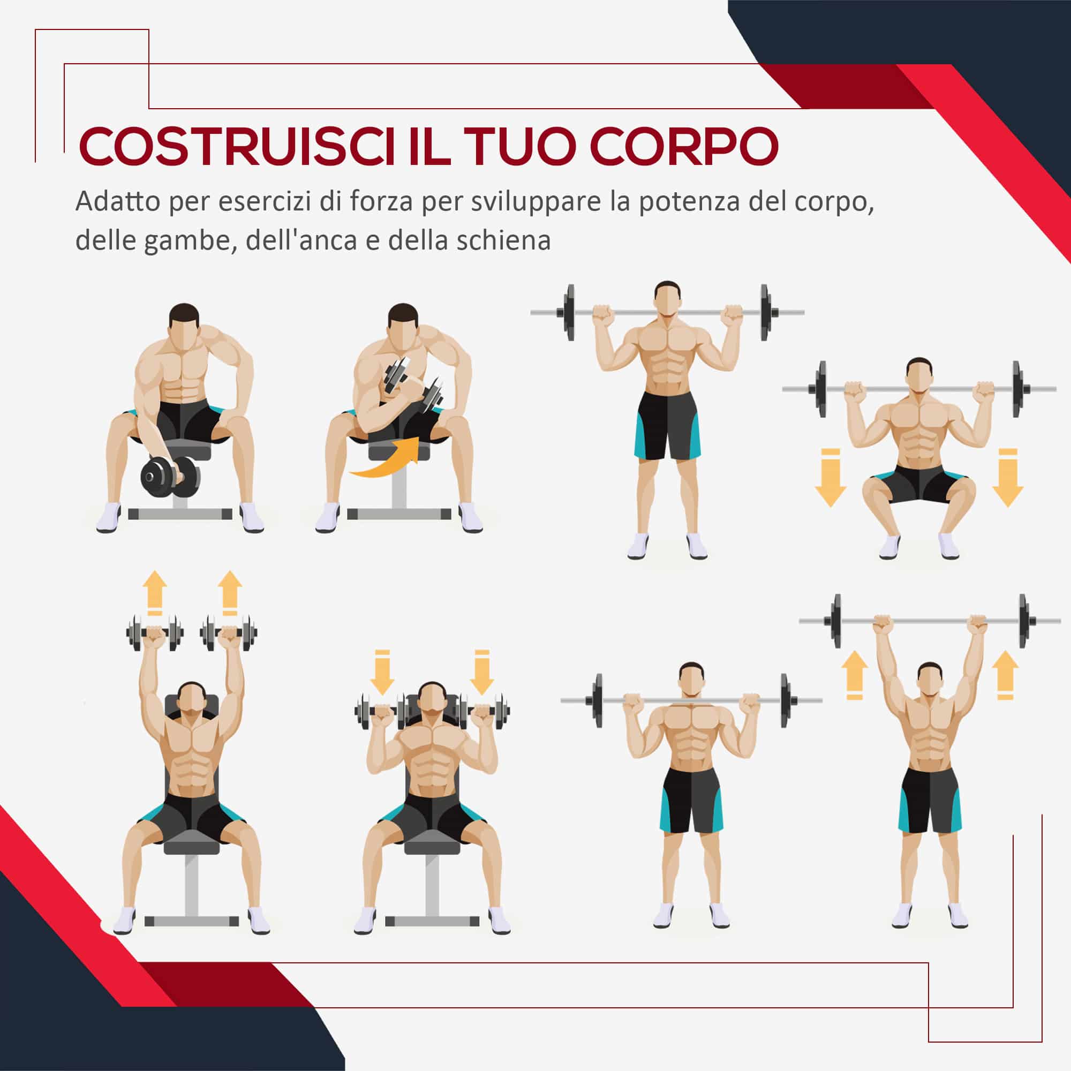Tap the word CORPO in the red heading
coord(684,146)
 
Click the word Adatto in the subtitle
coord(117,201)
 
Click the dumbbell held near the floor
coord(170,477)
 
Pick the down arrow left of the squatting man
coord(831,477)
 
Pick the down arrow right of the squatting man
coord(1007,477)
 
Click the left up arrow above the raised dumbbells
coord(155,593)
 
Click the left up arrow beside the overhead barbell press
coord(855,675)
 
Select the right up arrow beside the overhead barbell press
coord(1005,675)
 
